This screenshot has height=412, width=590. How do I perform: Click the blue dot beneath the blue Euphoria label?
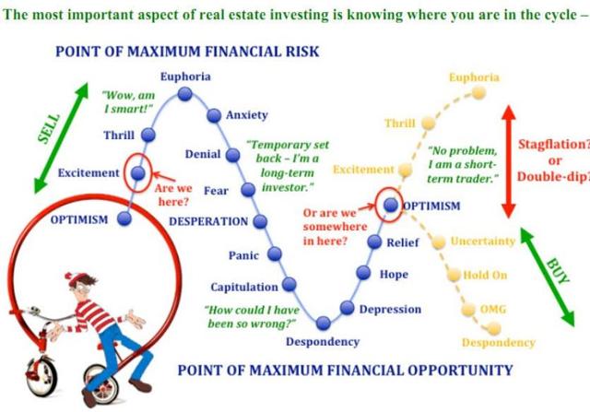coord(184,94)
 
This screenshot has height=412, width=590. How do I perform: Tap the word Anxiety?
coord(247,115)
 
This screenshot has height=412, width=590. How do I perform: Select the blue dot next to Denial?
coord(232,155)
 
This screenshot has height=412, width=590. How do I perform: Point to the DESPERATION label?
coord(208,221)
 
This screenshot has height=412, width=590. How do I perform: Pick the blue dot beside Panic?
coord(275,254)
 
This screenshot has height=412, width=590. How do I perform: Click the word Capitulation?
coord(244,287)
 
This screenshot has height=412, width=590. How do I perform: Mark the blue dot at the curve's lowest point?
coord(324,323)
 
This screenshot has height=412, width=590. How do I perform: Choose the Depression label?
coord(390,310)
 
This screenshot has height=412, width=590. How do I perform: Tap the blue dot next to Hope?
coord(363,273)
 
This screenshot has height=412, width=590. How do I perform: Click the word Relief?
coord(403,242)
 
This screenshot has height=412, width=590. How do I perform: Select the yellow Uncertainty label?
coord(483,241)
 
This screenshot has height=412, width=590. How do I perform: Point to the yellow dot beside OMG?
coord(468,310)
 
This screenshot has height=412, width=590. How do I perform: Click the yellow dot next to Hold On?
coord(454,275)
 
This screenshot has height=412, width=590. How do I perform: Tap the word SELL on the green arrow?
coord(49,128)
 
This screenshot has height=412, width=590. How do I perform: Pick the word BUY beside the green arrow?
coord(558,271)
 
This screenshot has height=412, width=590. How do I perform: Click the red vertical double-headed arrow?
coord(508,161)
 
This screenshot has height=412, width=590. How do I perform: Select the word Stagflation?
coord(554,144)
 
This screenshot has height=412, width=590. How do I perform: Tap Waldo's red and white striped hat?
coord(77,279)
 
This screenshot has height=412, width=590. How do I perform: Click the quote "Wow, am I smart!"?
coord(128,102)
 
